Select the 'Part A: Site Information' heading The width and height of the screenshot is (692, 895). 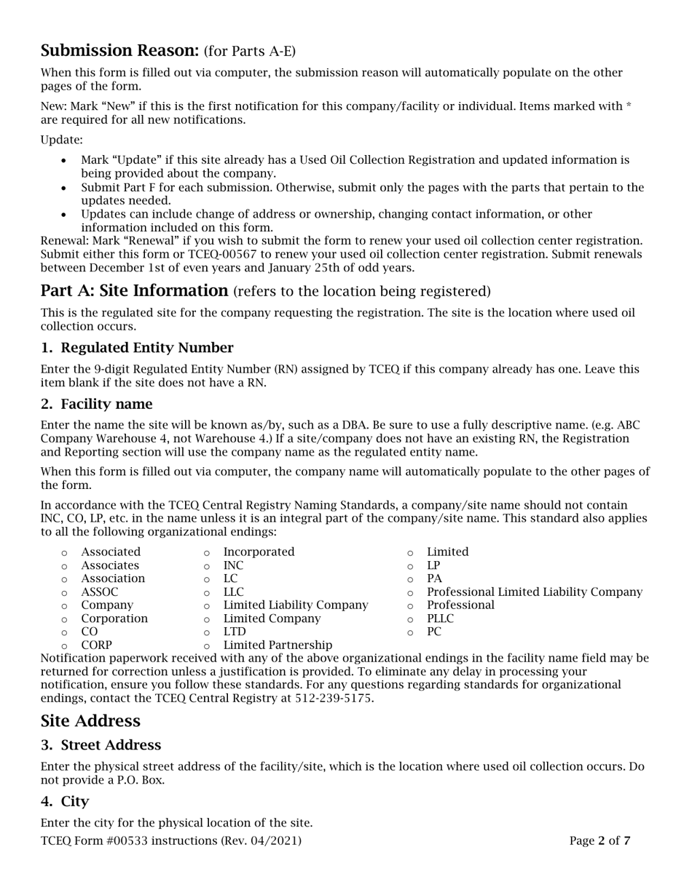click(x=135, y=291)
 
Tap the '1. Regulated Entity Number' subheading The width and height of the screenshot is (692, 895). click(x=137, y=348)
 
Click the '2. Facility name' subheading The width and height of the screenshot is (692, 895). click(x=97, y=404)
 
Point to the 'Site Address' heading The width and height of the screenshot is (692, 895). click(x=90, y=721)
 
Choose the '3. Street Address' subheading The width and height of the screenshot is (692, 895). click(x=101, y=745)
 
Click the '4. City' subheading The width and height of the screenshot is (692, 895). click(x=65, y=801)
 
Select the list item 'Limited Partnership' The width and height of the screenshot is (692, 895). click(x=278, y=645)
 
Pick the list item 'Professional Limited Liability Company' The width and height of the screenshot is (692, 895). click(x=535, y=592)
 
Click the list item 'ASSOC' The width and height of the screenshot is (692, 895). click(x=99, y=592)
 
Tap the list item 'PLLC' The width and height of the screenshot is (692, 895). click(x=440, y=618)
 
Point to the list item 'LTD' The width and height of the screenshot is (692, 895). click(x=235, y=632)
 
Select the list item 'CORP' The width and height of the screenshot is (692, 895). click(x=96, y=645)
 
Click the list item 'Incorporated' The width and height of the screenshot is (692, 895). click(x=259, y=552)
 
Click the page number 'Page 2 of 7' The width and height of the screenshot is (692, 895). click(x=599, y=841)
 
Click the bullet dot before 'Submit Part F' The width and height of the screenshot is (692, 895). click(x=65, y=188)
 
